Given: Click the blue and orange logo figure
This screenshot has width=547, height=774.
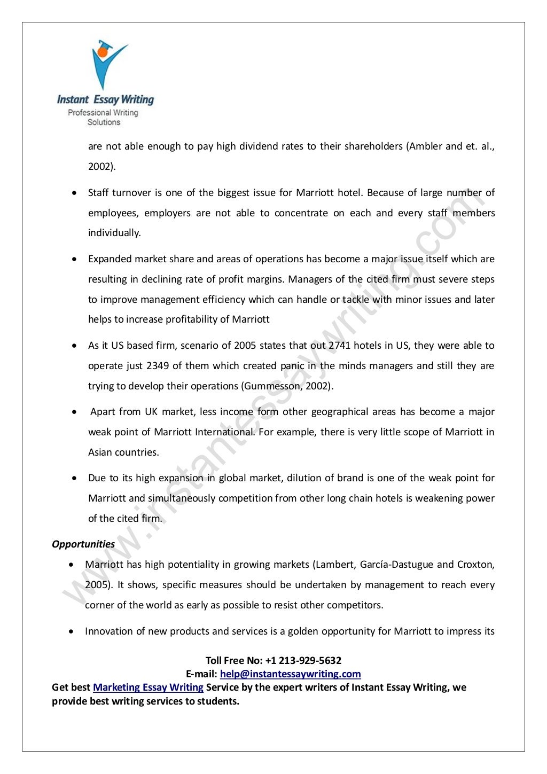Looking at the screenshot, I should pos(108,63).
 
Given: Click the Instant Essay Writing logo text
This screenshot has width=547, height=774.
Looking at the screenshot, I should pos(105,99).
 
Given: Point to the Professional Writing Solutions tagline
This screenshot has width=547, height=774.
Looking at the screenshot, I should pos(103,117).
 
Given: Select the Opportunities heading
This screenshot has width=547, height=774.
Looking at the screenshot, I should pos(83,544).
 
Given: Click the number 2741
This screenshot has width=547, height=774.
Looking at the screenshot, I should pos(339,346).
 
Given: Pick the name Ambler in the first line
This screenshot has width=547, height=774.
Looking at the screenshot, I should pos(425,146).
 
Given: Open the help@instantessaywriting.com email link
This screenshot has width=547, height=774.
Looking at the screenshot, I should pos(290,674).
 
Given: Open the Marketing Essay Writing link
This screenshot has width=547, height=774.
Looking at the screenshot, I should pos(148,687).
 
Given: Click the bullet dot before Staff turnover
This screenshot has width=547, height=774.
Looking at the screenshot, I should pos(75,193).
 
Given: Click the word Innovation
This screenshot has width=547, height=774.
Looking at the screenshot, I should pos(108,631).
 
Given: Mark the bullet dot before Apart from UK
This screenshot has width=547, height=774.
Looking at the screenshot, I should pos(75,412).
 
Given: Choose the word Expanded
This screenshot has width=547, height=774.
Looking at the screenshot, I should pos(110,259).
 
